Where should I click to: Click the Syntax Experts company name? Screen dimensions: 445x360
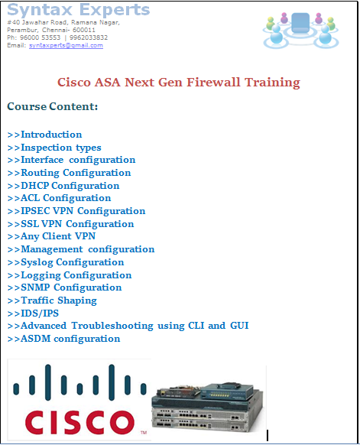click(x=79, y=10)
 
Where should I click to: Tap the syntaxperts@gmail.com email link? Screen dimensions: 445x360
click(x=66, y=45)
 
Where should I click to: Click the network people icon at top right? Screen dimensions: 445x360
click(x=299, y=30)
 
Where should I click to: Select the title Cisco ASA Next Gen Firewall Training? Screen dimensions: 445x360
click(x=179, y=83)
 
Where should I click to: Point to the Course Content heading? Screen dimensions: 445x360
click(x=52, y=106)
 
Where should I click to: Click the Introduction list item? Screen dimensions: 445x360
click(x=45, y=135)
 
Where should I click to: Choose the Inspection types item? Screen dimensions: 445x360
click(x=54, y=148)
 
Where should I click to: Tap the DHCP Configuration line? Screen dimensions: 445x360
click(x=63, y=186)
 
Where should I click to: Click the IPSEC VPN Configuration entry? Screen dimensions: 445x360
click(x=76, y=211)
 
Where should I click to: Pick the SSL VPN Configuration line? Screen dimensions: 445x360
click(x=71, y=224)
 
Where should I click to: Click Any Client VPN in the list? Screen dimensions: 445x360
click(x=52, y=236)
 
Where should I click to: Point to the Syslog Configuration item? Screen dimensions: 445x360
click(x=66, y=262)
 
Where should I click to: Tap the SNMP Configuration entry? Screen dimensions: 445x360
click(x=65, y=287)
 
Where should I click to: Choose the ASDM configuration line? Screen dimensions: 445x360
click(x=64, y=339)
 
